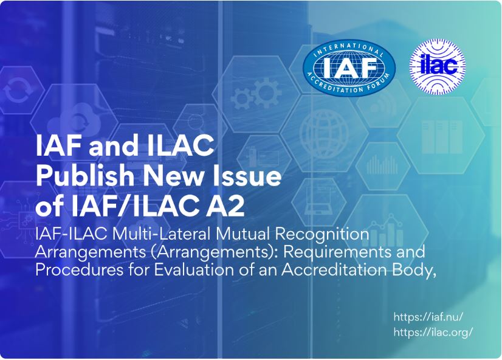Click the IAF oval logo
[x=349, y=68]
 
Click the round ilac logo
[x=438, y=67]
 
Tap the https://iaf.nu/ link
[x=428, y=317]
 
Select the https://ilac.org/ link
[x=433, y=332]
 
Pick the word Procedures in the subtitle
[x=79, y=269]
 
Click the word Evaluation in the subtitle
[x=194, y=269]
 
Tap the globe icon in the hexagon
[x=324, y=133]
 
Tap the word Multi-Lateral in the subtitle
[x=161, y=234]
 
